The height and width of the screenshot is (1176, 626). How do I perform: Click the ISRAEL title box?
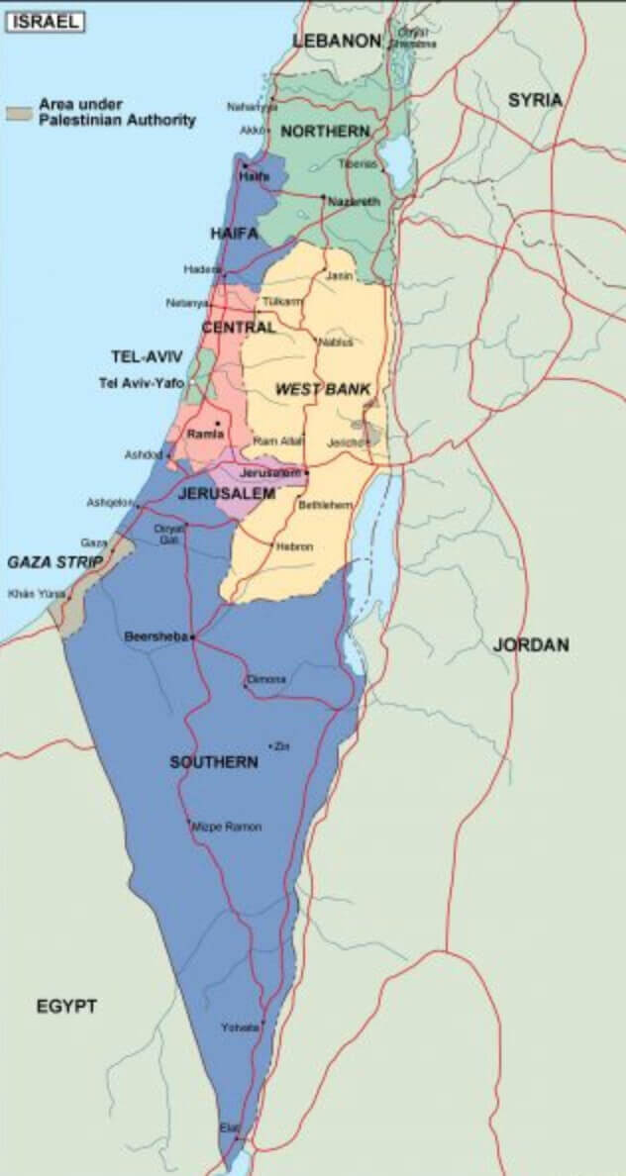[x=46, y=21]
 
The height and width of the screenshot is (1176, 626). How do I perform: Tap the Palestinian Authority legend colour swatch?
[x=19, y=113]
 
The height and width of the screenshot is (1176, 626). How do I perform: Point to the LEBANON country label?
[x=337, y=41]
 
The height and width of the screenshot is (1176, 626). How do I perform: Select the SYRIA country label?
[x=535, y=100]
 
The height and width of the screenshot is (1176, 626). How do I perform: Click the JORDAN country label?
[x=531, y=644]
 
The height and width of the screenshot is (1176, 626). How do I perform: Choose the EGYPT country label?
[x=67, y=1007]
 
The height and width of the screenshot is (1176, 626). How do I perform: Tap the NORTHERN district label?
[x=325, y=131]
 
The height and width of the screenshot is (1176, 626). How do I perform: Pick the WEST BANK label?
[x=323, y=390]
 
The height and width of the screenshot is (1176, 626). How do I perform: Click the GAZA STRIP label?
[x=55, y=562]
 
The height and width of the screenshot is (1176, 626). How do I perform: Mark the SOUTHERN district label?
[x=214, y=762]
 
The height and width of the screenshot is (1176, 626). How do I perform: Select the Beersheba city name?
[x=156, y=637]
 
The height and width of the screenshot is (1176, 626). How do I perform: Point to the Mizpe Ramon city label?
[x=228, y=827]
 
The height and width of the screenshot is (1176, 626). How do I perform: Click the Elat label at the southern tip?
[x=230, y=1127]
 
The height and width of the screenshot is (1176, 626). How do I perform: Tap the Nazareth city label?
[x=354, y=201]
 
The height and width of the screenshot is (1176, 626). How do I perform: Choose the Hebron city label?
[x=295, y=546]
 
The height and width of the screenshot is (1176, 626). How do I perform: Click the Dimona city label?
[x=267, y=679]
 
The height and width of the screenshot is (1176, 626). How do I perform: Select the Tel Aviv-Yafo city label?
[x=141, y=383]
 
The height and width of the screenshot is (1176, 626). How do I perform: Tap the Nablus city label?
[x=336, y=343]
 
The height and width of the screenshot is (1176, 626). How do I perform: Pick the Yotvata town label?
[x=240, y=1027]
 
